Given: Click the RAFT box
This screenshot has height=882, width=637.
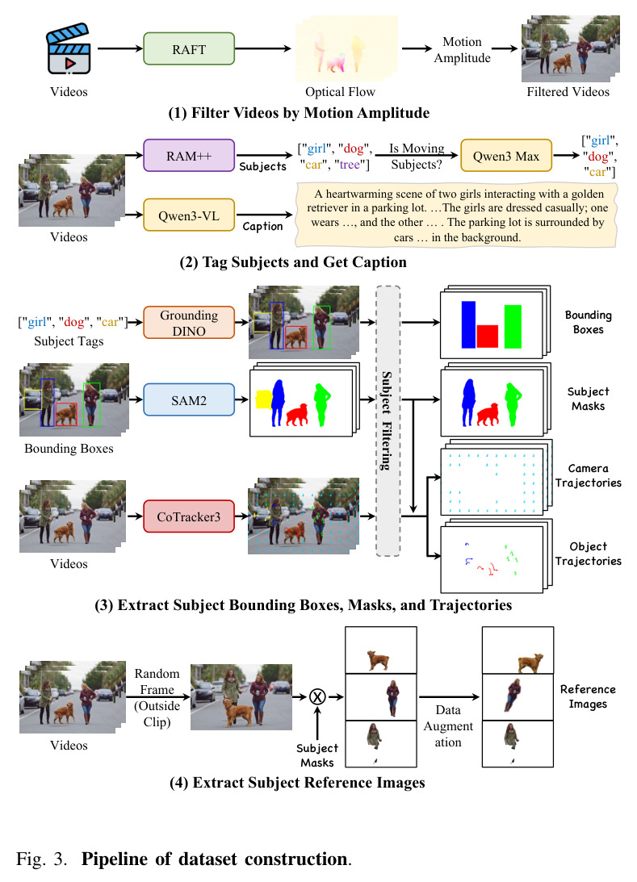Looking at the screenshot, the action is [x=188, y=49].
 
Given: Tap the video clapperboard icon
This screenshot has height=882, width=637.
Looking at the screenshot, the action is [x=68, y=48].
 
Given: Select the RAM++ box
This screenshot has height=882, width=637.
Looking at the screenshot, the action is [x=188, y=156].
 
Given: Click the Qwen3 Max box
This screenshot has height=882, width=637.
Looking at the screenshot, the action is [x=506, y=156].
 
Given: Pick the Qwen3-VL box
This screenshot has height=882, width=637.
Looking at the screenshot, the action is [x=188, y=215].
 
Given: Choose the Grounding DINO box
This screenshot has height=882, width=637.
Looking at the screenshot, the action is [x=188, y=322].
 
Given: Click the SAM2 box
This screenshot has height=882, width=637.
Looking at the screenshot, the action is [x=188, y=400].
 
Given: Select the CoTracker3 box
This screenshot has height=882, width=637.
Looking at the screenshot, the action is [x=188, y=516].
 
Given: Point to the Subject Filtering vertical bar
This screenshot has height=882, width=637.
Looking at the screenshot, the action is [x=388, y=420].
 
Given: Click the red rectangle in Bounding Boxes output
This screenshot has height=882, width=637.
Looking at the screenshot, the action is [x=488, y=336].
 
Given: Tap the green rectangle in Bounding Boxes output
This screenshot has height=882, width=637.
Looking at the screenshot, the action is [x=513, y=326].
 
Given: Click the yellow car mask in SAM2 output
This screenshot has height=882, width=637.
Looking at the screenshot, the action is [x=263, y=399].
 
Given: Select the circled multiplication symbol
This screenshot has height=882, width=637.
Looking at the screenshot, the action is [x=317, y=697].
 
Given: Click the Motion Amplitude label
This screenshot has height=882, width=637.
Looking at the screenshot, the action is [x=462, y=49].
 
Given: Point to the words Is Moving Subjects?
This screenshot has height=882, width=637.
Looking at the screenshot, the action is [x=417, y=157].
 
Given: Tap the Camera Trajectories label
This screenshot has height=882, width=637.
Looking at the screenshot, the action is [x=588, y=475].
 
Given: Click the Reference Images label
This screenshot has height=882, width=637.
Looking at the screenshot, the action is [x=588, y=696].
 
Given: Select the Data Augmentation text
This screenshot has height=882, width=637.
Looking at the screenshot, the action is [x=448, y=726].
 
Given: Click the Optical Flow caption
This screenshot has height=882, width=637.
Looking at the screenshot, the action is [x=340, y=92].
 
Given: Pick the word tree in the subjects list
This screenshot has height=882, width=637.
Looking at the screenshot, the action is [x=350, y=165].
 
